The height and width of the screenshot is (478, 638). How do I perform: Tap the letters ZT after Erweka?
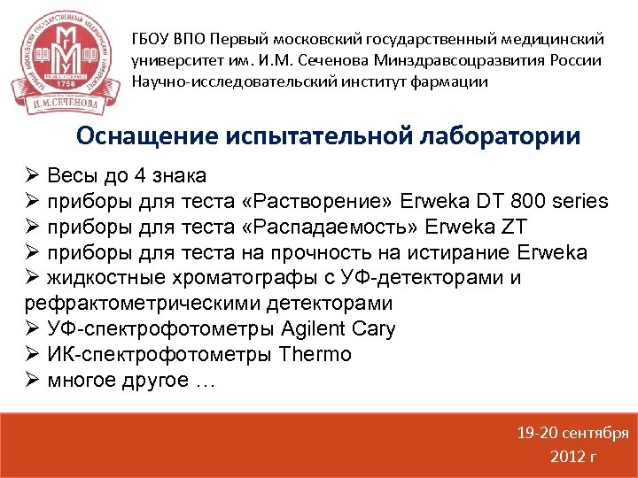pos(509,227)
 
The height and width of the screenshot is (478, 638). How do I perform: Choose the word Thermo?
pos(315,355)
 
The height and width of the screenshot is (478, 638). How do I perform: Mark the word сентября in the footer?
pos(594,434)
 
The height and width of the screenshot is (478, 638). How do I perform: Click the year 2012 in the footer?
pos(567,457)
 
